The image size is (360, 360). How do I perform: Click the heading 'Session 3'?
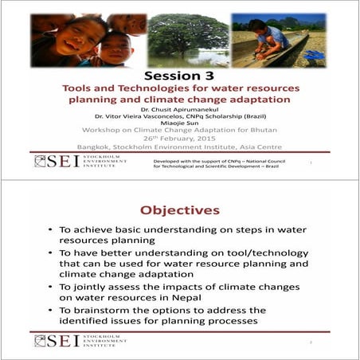click(179, 75)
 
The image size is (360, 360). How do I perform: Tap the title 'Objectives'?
click(179, 210)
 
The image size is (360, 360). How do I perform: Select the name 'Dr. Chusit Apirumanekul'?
click(179, 108)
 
